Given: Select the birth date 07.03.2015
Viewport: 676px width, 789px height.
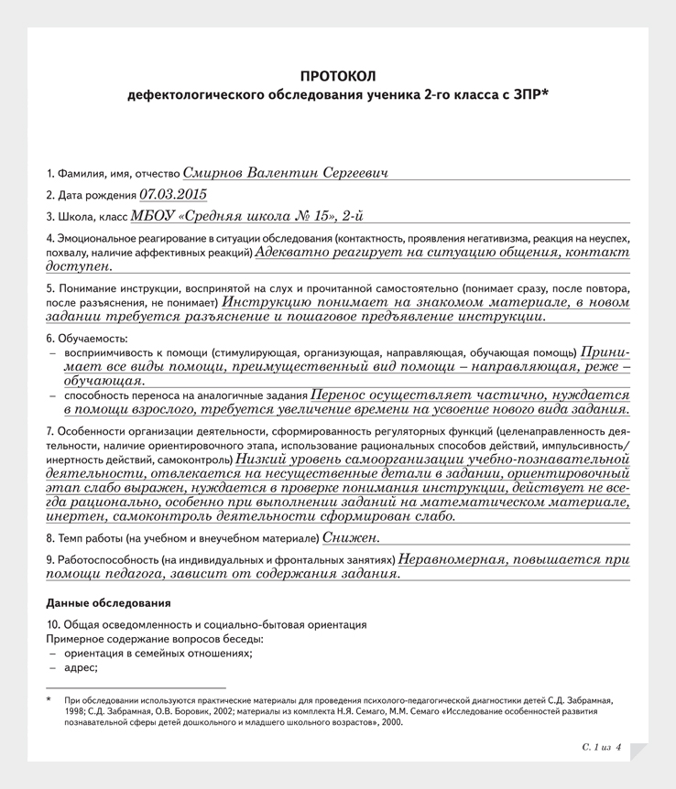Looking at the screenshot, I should tap(173, 194).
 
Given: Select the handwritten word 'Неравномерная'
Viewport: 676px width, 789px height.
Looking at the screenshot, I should tap(453, 558).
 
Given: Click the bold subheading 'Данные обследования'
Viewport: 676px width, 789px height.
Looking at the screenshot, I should tap(108, 603).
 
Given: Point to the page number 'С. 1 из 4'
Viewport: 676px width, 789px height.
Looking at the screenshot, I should tap(601, 748).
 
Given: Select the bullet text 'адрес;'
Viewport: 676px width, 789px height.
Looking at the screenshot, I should tap(81, 668).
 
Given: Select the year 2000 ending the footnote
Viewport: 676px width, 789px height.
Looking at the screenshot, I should tap(392, 721).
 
